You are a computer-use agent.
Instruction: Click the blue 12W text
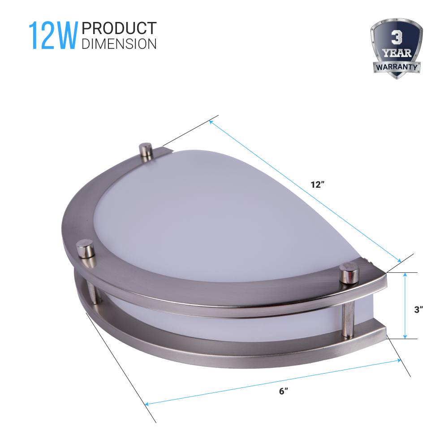[x=53, y=35]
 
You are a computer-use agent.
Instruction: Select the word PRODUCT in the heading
[x=119, y=28]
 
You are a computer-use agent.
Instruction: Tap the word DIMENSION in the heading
[x=119, y=44]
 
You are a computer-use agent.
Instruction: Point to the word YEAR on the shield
[x=397, y=53]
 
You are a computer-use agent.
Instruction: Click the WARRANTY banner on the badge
[x=396, y=67]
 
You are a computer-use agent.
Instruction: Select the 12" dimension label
[x=318, y=185]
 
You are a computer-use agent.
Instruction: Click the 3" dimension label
[x=418, y=310]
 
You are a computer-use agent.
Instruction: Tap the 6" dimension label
[x=283, y=391]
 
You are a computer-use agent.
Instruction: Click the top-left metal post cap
[x=146, y=150]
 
